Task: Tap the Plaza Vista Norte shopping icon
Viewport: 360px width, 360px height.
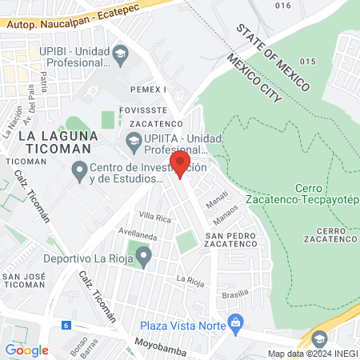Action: pos(235,322)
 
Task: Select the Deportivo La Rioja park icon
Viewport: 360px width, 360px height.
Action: pos(144,256)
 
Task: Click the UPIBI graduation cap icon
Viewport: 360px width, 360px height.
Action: pos(121,55)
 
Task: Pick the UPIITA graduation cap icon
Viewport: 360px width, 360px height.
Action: pos(134,144)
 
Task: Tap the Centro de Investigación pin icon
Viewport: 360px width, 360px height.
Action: pos(79,170)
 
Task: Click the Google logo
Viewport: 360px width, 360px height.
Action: pos(26,350)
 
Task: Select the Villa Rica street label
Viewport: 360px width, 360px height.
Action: pos(156,216)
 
